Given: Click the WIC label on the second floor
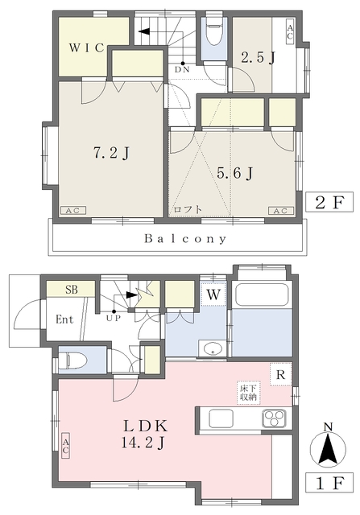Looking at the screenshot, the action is point(86,48).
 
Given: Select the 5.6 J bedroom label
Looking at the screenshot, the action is point(234,173).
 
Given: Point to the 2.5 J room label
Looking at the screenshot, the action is point(258,58).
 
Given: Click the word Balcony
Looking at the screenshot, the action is point(185,239).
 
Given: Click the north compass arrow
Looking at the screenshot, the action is point(328,449).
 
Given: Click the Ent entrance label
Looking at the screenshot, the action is point(64,319).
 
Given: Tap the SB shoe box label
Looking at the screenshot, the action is point(72,290).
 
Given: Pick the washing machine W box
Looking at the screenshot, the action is point(213,295).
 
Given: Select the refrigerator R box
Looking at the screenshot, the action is point(281,374).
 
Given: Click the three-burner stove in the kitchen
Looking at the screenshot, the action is point(274,418).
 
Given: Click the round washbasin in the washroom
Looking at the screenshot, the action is point(213,348).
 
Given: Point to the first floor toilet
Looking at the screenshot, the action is point(76,360).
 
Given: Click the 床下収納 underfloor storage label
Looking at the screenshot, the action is point(249,393).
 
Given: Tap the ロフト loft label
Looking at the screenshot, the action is point(188,209).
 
